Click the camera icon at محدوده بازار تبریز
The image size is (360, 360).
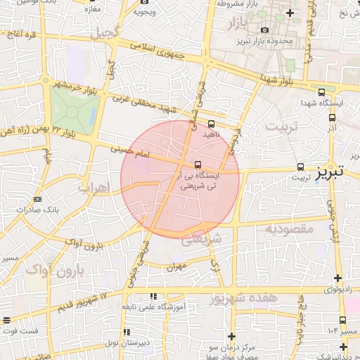tap(264, 30)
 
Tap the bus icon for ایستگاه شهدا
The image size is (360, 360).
tap(321, 91)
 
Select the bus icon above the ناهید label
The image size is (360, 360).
tap(212, 124)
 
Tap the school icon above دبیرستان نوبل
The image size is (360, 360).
tap(127, 331)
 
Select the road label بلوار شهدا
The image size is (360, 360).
tap(278, 79)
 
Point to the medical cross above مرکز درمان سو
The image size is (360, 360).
tap(231, 336)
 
